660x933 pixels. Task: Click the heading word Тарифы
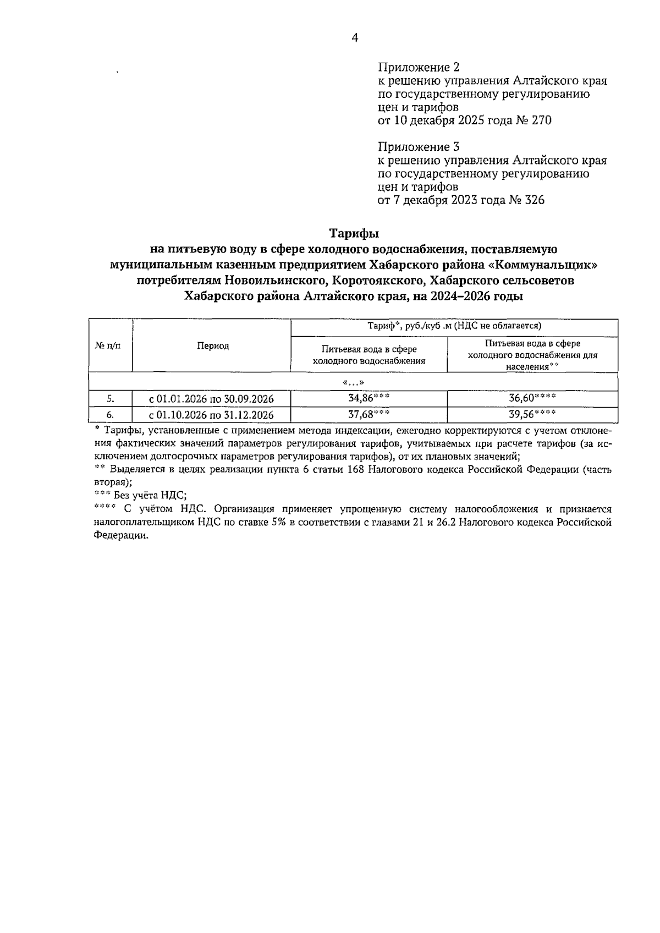click(x=354, y=233)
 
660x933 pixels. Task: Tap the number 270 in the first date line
click(x=540, y=120)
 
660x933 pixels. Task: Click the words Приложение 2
click(x=419, y=67)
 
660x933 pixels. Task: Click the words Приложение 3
click(x=419, y=147)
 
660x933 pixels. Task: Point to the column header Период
click(x=213, y=345)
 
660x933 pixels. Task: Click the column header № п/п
click(x=108, y=345)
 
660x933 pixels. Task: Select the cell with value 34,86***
click(x=369, y=398)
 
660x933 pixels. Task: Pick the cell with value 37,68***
click(x=369, y=414)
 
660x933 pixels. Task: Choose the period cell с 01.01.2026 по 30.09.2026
click(x=211, y=399)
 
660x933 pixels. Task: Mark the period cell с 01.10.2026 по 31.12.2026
click(x=211, y=415)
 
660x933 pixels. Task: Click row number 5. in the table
click(x=110, y=399)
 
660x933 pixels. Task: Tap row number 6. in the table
click(x=110, y=415)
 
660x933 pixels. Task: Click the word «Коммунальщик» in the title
click(x=543, y=265)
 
